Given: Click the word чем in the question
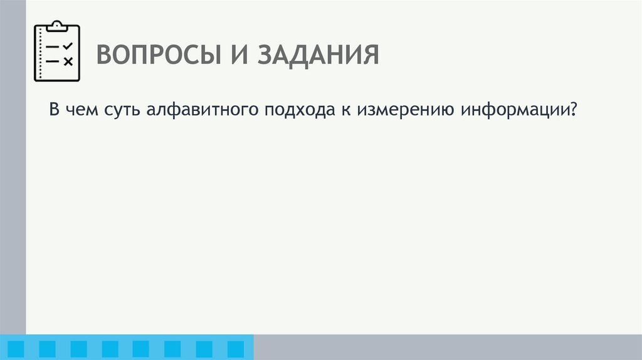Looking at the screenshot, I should (80, 110).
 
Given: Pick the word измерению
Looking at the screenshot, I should (404, 111).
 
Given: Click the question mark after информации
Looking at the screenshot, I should (572, 110).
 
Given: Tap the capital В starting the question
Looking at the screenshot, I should (55, 110).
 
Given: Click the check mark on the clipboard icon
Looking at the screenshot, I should (68, 46).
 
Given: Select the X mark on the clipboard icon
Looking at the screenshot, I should (68, 61).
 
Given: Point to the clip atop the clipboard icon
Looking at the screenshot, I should (56, 26).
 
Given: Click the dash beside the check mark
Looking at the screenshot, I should (53, 47).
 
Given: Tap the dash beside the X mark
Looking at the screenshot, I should (53, 61).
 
